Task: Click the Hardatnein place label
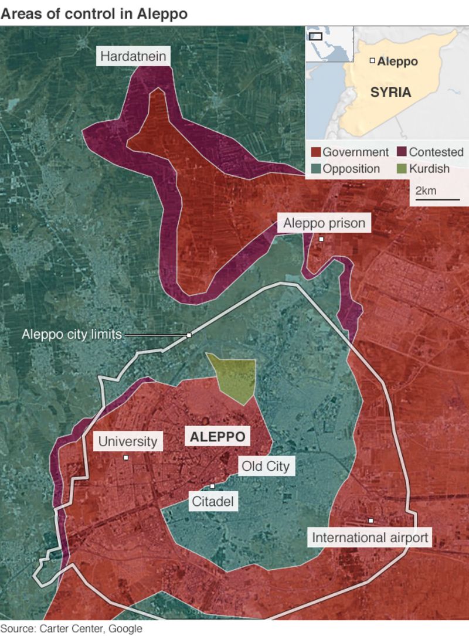[134, 57]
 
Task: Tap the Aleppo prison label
[324, 223]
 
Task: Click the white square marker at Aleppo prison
[321, 239]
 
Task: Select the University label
[127, 441]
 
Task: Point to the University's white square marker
[125, 457]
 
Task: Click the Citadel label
[212, 501]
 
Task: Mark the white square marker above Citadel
[212, 486]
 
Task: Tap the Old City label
[264, 467]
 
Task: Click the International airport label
[371, 537]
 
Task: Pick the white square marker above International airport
[371, 521]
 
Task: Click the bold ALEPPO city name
[217, 437]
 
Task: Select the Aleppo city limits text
[72, 335]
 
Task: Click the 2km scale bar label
[426, 191]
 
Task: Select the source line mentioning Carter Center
[72, 629]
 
